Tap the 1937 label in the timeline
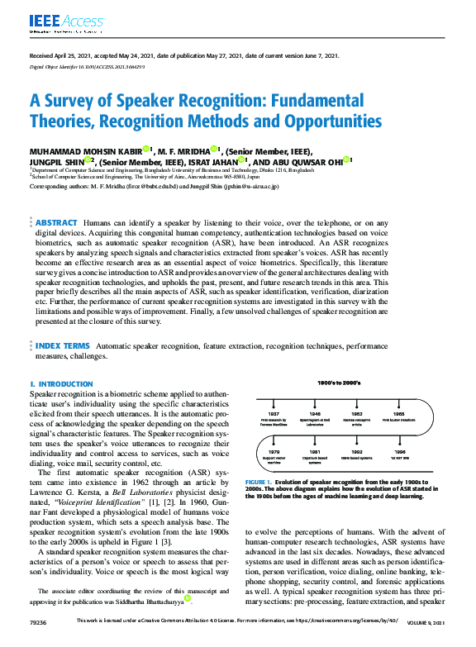click(x=274, y=413)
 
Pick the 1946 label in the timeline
click(x=315, y=413)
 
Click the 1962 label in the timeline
click(x=357, y=413)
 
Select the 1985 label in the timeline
click(x=398, y=413)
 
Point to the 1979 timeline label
click(x=274, y=452)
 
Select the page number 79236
click(x=39, y=641)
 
